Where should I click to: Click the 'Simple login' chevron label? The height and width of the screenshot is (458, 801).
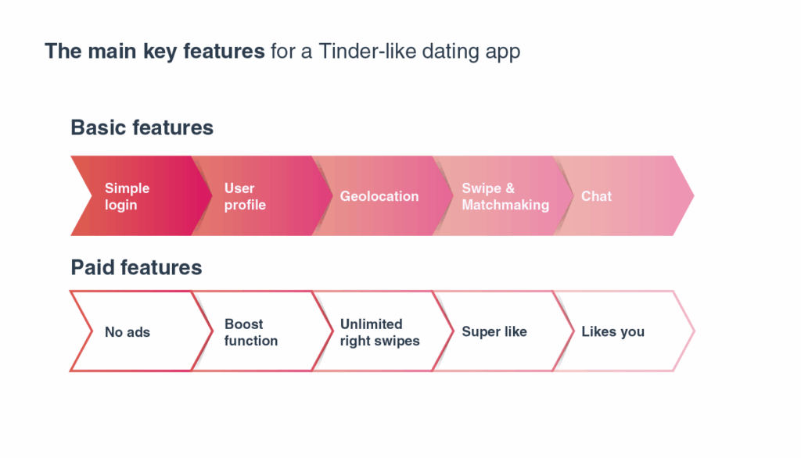pyautogui.click(x=127, y=196)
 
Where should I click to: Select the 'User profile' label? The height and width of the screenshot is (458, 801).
pyautogui.click(x=245, y=196)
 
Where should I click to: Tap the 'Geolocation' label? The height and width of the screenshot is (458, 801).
pyautogui.click(x=379, y=196)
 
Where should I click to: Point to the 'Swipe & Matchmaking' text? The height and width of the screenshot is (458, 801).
pyautogui.click(x=505, y=196)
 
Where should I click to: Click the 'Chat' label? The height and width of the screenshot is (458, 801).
pyautogui.click(x=596, y=196)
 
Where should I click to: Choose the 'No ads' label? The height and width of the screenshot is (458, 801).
pyautogui.click(x=128, y=332)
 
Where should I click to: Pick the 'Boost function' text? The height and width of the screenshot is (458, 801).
pyautogui.click(x=251, y=332)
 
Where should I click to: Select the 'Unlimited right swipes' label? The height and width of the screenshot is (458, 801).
pyautogui.click(x=380, y=332)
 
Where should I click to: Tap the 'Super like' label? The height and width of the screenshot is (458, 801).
pyautogui.click(x=494, y=332)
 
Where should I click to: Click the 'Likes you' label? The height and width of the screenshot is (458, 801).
pyautogui.click(x=613, y=332)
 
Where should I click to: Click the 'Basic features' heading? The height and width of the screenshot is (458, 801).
pyautogui.click(x=142, y=127)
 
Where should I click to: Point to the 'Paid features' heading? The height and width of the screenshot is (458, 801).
pyautogui.click(x=136, y=267)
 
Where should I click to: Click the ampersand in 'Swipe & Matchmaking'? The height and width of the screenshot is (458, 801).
pyautogui.click(x=510, y=188)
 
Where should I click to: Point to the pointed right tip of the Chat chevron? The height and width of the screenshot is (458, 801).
pyautogui.click(x=693, y=195)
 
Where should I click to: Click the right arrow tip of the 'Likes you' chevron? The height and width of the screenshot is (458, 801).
pyautogui.click(x=694, y=331)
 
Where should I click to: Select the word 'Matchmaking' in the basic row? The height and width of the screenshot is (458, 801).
pyautogui.click(x=505, y=205)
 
